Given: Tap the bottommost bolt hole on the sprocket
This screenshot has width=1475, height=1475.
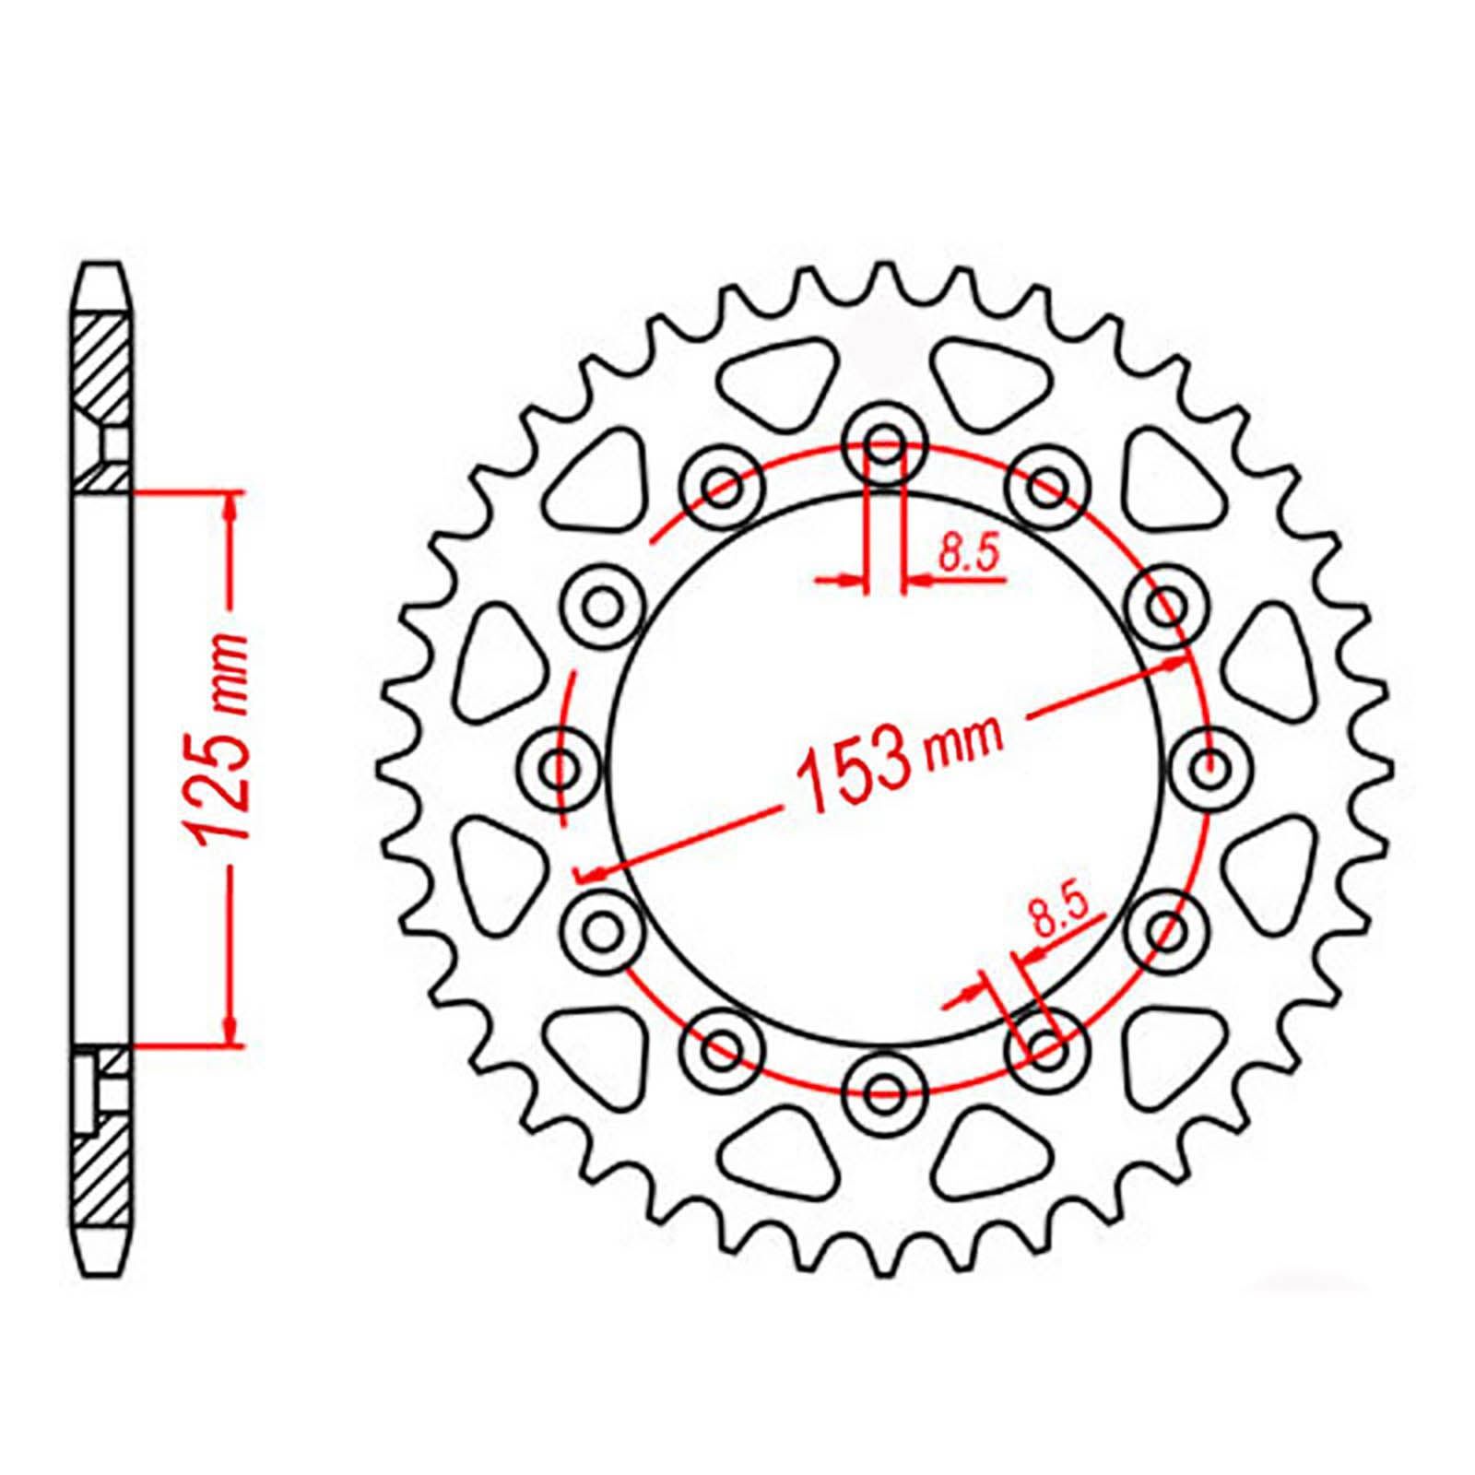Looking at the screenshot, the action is coord(885,1092).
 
